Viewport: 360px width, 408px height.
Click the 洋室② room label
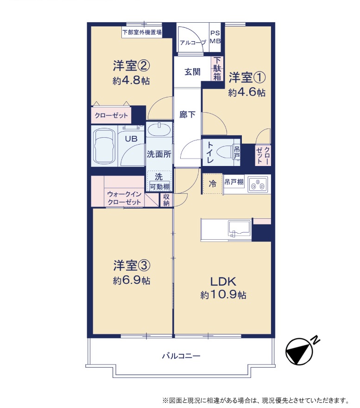[x=131, y=65]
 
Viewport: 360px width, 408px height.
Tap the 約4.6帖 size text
[x=246, y=92]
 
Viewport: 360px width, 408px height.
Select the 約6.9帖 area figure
[x=132, y=280]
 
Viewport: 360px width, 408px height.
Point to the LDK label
[x=223, y=282]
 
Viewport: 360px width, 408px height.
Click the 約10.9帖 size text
[x=223, y=295]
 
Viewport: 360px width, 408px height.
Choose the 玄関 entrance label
[x=192, y=72]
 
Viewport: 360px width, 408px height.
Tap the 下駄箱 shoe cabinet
[x=217, y=69]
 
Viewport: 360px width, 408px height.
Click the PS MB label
[x=215, y=37]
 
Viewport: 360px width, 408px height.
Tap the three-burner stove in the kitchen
[x=258, y=184]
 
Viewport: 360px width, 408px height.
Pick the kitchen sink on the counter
[x=240, y=228]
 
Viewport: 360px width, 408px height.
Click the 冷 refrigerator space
[x=213, y=184]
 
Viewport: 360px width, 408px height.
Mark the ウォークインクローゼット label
[x=124, y=198]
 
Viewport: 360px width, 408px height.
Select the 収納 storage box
[x=166, y=199]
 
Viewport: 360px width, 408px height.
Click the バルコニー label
[x=181, y=356]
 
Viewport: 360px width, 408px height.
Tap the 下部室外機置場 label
[x=142, y=32]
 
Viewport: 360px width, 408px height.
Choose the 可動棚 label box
[x=160, y=186]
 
